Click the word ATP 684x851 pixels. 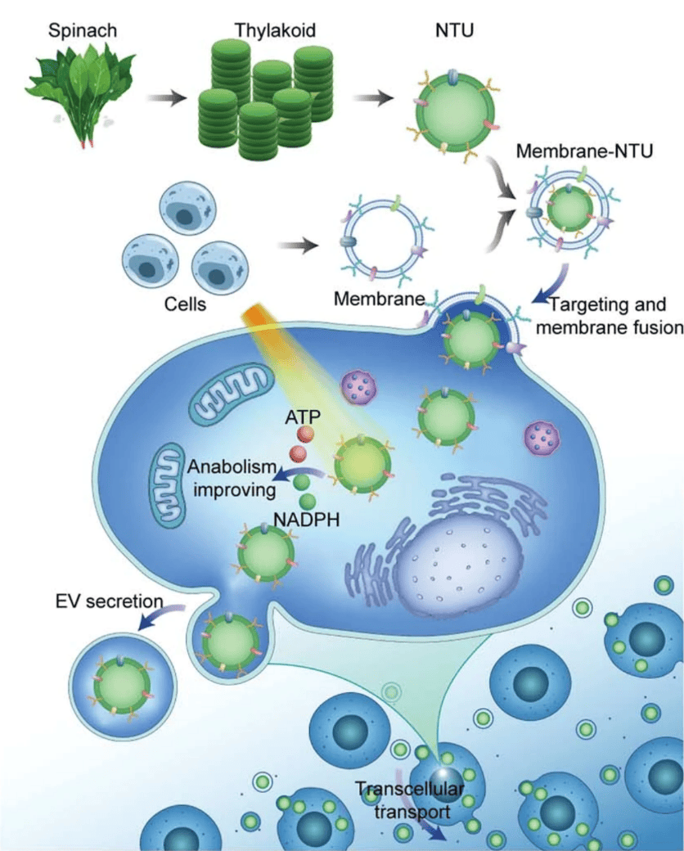[303, 415]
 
